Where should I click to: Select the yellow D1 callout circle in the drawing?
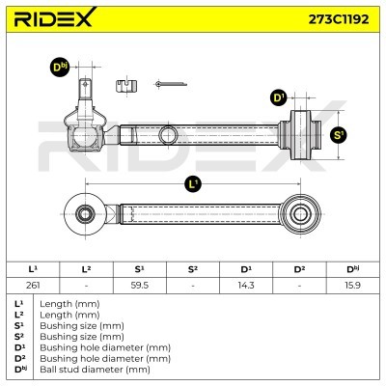pyautogui.click(x=278, y=98)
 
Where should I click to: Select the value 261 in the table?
pyautogui.click(x=32, y=286)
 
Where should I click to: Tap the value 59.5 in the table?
pyautogui.click(x=139, y=286)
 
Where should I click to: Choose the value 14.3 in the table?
pyautogui.click(x=246, y=286)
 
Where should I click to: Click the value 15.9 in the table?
pyautogui.click(x=352, y=286)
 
